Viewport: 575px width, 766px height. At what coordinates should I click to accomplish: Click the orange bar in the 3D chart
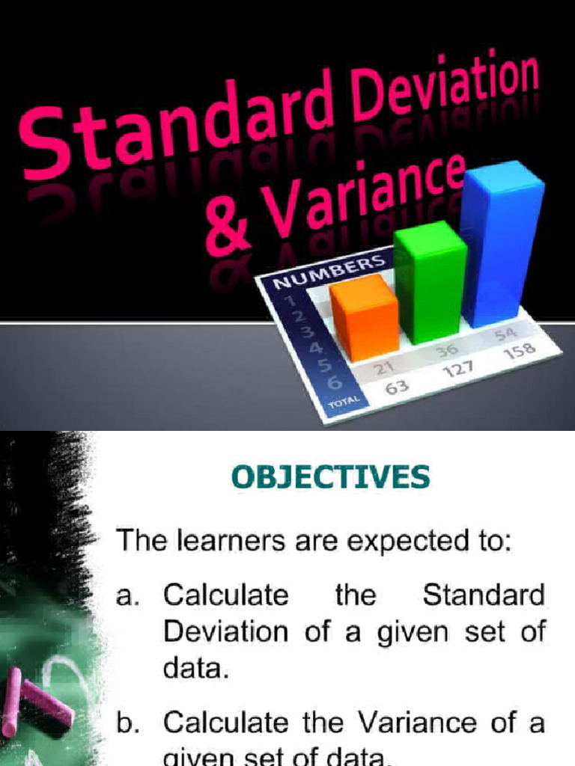tap(365, 317)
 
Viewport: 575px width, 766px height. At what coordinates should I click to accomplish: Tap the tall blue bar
tap(500, 243)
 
